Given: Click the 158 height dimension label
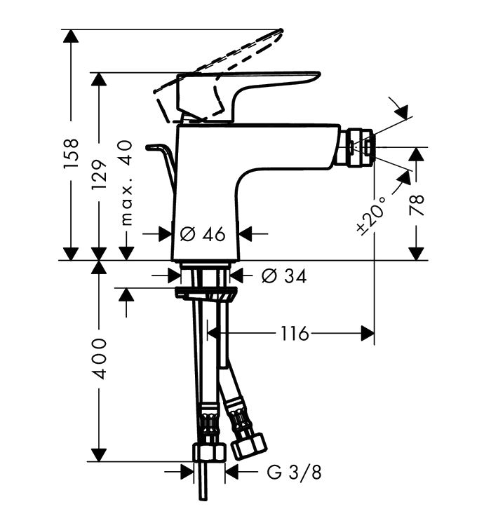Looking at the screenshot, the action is pos(72,153).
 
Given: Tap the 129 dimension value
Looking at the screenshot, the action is pos(100,175).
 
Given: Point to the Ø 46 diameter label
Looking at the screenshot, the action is pos(203,234).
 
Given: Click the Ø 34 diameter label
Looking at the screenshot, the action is pos(284,276).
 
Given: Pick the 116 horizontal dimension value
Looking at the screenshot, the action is pos(295,334).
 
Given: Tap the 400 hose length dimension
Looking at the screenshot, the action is pos(100,358).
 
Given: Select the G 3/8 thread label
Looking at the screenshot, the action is pos(294,473).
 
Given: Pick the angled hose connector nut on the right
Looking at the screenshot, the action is pos(249,445).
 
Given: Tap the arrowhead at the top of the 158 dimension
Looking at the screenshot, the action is pos(71,36).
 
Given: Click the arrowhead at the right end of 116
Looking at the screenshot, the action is pos(368,334).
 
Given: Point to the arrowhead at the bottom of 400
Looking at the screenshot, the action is pos(99,454).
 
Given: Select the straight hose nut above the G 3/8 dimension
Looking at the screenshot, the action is pos(209,453).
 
